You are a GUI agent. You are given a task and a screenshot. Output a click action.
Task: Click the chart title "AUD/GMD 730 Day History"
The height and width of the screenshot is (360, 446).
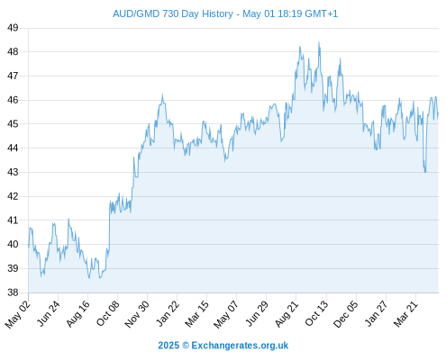coord(173,13)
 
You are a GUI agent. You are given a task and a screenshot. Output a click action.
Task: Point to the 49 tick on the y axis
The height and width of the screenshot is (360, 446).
coord(13,28)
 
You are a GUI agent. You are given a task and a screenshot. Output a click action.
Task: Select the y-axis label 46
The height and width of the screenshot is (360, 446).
coord(13,100)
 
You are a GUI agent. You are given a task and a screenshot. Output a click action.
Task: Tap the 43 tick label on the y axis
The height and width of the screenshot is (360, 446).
coord(13,172)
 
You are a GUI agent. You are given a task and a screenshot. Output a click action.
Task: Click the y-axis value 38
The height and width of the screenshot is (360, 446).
coord(13,292)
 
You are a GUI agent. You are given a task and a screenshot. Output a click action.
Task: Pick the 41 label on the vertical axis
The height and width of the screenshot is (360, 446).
coord(13,220)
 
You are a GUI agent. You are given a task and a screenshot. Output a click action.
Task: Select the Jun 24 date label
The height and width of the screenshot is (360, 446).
coord(49,313)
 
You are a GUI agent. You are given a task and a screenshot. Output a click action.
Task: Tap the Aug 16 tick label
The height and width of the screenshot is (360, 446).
coord(78,313)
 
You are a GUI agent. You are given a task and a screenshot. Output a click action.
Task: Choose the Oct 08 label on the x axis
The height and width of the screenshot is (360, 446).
coord(108,313)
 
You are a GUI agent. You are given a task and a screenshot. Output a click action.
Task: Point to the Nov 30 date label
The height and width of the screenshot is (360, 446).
coord(137,314)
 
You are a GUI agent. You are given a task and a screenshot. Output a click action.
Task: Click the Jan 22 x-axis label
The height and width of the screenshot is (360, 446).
coord(168,313)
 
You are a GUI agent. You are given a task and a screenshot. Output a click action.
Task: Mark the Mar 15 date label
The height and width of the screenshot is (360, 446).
coord(197,314)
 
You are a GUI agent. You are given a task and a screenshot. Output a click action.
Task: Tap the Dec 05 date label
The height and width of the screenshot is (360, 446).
coord(346,314)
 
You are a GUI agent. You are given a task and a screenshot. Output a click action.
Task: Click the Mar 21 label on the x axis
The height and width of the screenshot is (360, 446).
coord(406,314)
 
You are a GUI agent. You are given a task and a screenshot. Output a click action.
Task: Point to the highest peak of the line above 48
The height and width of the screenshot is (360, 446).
coord(319,42)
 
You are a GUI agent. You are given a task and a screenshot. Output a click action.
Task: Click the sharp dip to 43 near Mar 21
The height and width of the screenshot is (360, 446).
coord(425,172)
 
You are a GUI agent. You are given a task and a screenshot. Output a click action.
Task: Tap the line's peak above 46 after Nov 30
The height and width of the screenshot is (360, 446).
coord(162,94)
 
